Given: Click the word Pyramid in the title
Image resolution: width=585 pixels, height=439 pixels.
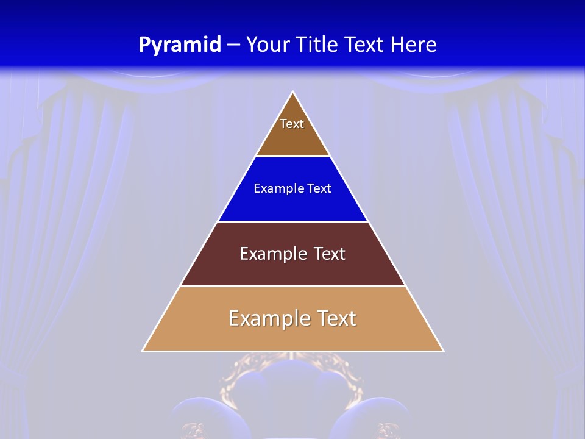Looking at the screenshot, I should click(x=179, y=45).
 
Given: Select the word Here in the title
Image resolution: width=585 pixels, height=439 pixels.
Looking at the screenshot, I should click(x=413, y=45).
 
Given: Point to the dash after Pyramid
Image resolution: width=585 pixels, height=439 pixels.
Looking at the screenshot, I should click(x=233, y=45).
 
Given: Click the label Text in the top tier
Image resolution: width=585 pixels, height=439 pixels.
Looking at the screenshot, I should click(x=292, y=124).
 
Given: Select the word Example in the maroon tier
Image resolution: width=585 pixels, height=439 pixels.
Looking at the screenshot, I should click(x=271, y=254).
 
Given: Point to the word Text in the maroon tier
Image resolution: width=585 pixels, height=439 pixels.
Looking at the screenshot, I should click(x=329, y=254).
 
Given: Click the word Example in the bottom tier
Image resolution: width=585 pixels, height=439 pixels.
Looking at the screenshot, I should click(x=267, y=318).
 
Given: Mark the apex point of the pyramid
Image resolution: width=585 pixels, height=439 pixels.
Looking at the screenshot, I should click(x=293, y=92).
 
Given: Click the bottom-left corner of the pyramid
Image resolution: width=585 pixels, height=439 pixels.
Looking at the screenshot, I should click(x=143, y=351).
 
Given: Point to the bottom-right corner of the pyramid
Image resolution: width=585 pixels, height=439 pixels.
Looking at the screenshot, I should click(x=443, y=351).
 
